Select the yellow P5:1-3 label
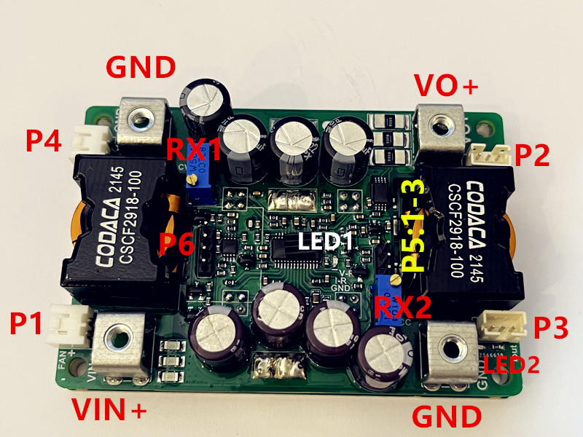(x=413, y=227)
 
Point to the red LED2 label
(x=512, y=364)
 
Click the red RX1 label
(x=195, y=151)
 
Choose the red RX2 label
(x=399, y=310)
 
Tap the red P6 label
(x=176, y=244)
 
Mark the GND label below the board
(x=447, y=417)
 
